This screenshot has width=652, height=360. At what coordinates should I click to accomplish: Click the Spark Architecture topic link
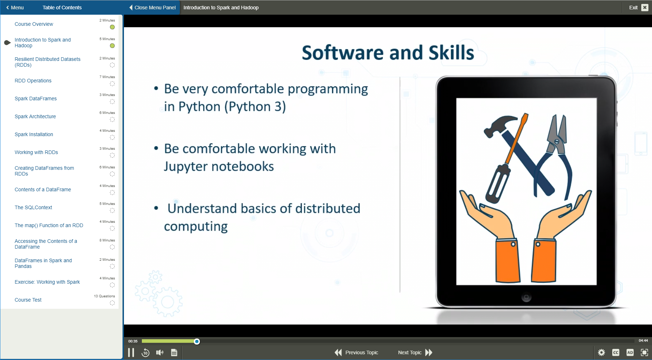point(35,116)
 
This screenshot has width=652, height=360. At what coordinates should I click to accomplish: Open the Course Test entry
point(28,300)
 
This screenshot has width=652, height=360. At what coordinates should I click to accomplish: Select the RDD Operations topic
point(33,81)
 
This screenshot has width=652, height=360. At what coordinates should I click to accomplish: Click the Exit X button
point(644,8)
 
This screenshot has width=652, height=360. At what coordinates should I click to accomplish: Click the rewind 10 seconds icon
point(145,353)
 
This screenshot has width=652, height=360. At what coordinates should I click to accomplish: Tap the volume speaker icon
point(160,353)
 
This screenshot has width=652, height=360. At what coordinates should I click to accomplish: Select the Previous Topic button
point(356,352)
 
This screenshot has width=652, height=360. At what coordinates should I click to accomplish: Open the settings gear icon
point(601,352)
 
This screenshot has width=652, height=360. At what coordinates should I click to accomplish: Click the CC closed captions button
point(616,352)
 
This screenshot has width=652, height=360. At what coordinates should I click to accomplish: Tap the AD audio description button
point(630,352)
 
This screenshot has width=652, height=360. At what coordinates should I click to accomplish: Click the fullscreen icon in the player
point(644,352)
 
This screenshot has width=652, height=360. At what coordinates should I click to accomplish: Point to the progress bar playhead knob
point(197,341)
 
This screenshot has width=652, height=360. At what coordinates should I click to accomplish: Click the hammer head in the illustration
point(498,125)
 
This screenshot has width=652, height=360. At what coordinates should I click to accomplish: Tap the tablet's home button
point(526,297)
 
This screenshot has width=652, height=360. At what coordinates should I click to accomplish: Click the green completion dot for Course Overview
point(112,27)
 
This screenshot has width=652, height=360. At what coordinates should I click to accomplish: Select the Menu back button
point(15,8)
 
